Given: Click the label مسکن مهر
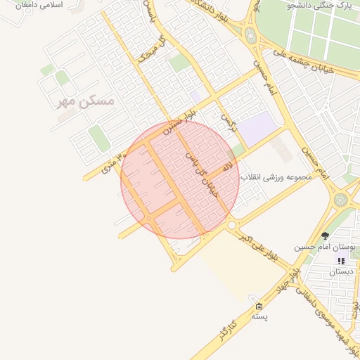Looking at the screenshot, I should pyautogui.click(x=87, y=101).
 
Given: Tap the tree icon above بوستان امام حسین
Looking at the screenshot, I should pyautogui.click(x=324, y=236).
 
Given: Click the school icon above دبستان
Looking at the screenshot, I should pyautogui.click(x=341, y=261).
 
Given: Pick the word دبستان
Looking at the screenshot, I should pyautogui.click(x=341, y=271).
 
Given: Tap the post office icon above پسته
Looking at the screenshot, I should pyautogui.click(x=259, y=306).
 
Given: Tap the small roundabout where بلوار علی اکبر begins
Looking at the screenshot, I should pyautogui.click(x=231, y=225).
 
